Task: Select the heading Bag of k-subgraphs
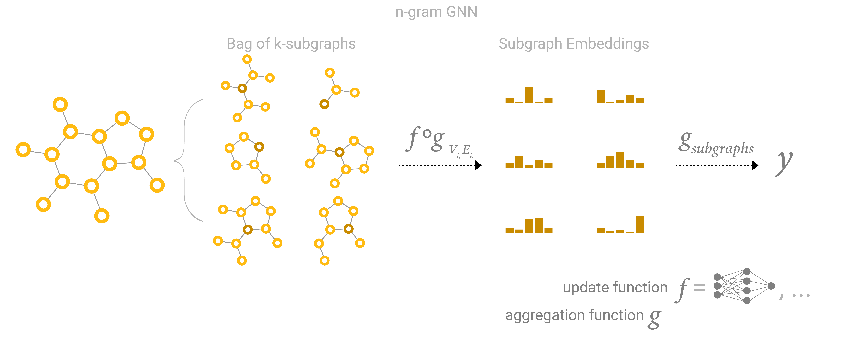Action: [x=291, y=44]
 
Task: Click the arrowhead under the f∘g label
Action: [x=478, y=165]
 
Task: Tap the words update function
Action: [x=615, y=288]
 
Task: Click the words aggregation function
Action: [x=574, y=315]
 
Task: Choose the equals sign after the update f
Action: [x=699, y=288]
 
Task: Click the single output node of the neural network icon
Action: [x=771, y=286]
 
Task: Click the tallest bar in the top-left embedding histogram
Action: [x=529, y=95]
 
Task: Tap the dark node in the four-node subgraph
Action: [x=324, y=104]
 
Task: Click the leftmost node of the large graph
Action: [x=23, y=150]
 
